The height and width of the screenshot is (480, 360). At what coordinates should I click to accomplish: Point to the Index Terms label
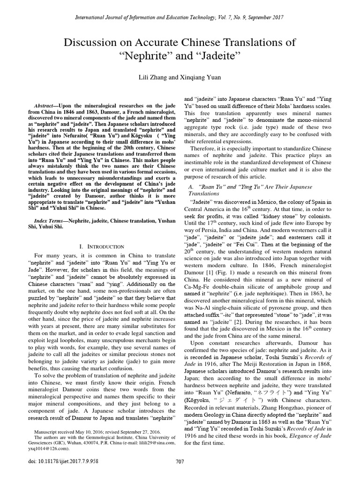pyautogui.click(x=51, y=220)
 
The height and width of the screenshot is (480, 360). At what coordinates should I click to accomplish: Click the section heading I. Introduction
pyautogui.click(x=102, y=246)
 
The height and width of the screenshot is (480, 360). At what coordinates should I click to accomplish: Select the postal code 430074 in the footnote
pyautogui.click(x=92, y=442)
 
